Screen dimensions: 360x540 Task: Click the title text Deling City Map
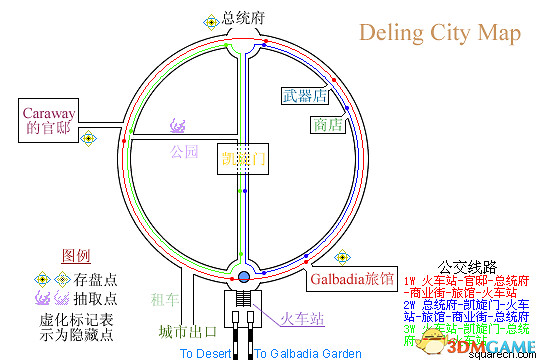click(x=440, y=33)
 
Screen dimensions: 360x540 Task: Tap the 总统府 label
click(x=243, y=18)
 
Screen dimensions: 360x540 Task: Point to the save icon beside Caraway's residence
click(x=88, y=137)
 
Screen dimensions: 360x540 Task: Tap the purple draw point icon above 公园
click(x=179, y=127)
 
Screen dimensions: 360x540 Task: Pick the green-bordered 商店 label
click(x=327, y=125)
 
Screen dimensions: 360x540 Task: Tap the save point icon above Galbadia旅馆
click(x=344, y=255)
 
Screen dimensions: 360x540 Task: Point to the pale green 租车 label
click(x=164, y=298)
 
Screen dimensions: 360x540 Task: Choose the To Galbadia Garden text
click(x=307, y=353)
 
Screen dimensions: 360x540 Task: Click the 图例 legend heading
click(x=77, y=256)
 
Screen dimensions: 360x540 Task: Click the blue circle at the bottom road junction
click(x=243, y=276)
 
